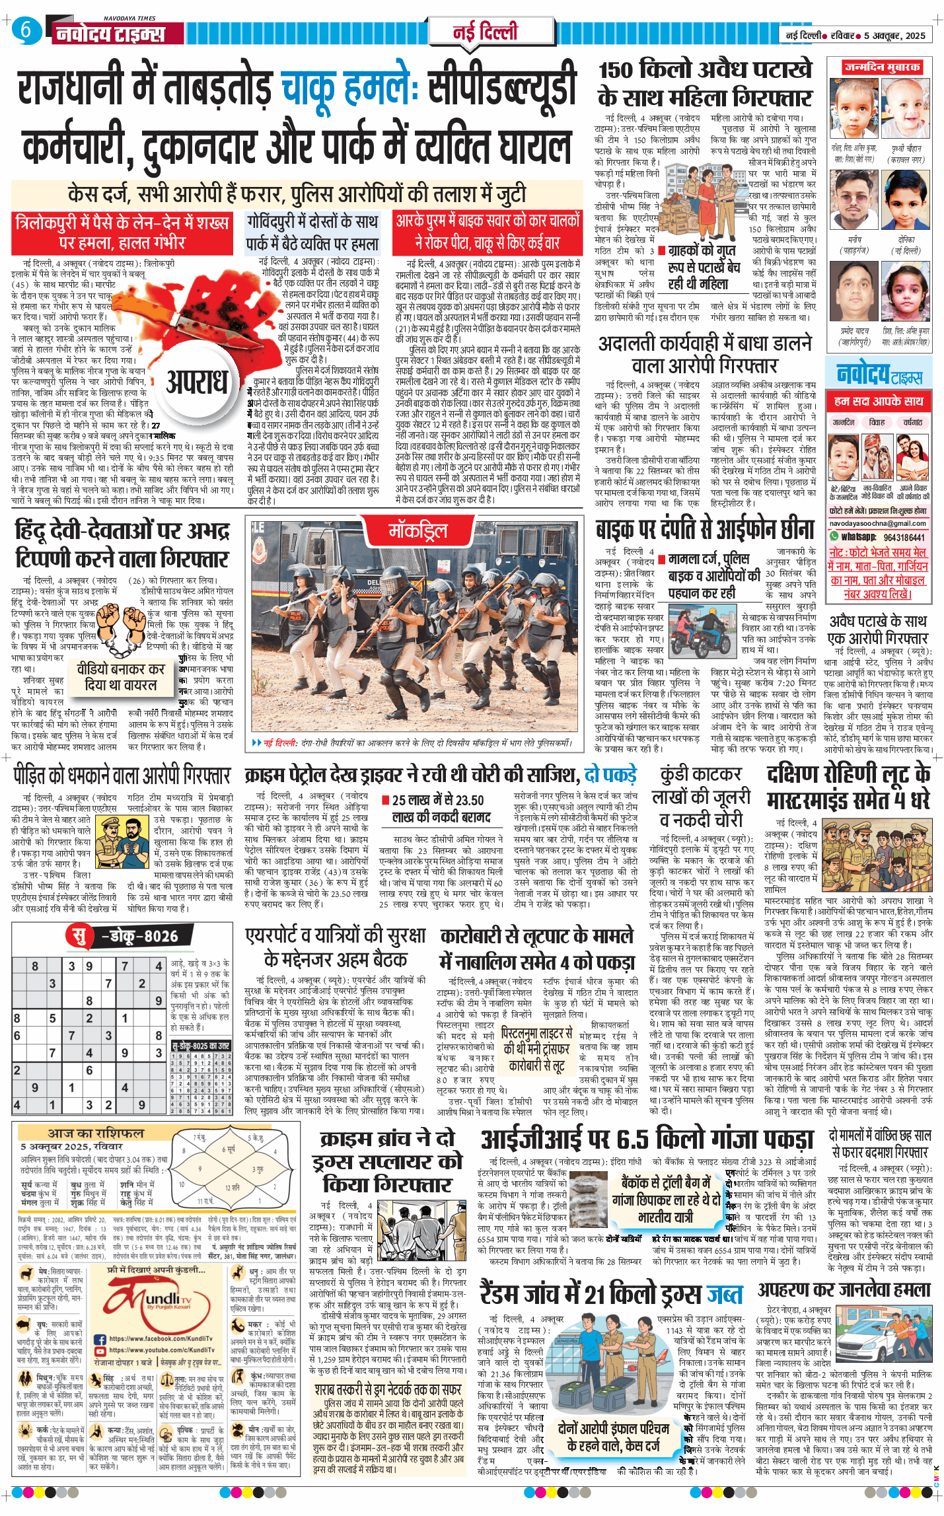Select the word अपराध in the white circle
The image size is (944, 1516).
196,382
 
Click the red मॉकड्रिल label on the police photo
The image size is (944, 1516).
418,530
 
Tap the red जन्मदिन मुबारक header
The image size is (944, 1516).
881,67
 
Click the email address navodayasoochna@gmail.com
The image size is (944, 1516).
879,523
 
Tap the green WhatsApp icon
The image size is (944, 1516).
834,536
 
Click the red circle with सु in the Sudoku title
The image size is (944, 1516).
79,936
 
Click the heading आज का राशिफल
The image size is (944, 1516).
95,1133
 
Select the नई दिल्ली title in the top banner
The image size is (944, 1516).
485,31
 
